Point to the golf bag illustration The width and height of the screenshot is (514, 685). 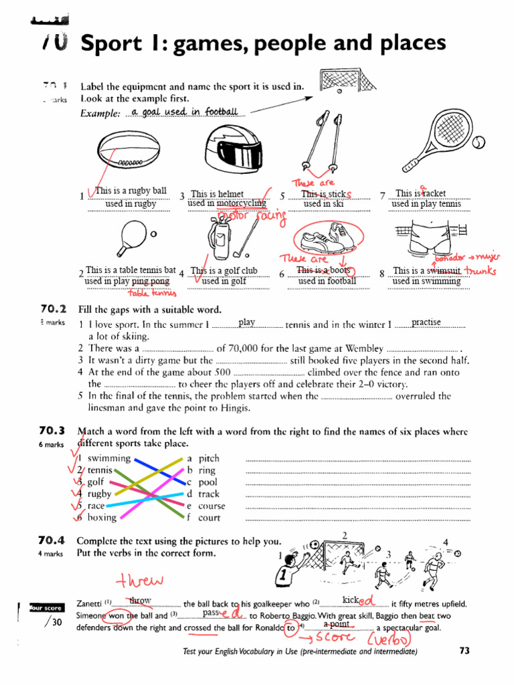[x=220, y=237]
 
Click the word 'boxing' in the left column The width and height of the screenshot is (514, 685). [x=102, y=517]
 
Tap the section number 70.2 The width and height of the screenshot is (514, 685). [x=53, y=309]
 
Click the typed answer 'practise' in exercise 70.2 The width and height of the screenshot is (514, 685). [x=426, y=322]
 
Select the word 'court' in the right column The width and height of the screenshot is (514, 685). [x=209, y=517]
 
